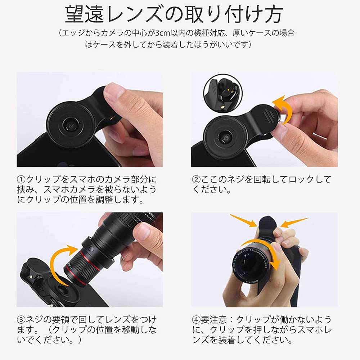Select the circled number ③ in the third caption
[21, 319]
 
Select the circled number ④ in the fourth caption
[197, 319]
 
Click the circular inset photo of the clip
[221, 94]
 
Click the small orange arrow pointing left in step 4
[293, 222]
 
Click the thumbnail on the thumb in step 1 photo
[114, 90]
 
